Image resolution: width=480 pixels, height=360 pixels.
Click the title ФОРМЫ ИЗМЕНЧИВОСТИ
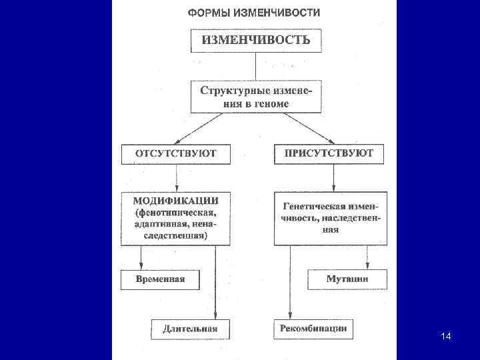tap(253, 13)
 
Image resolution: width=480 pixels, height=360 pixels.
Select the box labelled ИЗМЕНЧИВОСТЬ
tap(255, 40)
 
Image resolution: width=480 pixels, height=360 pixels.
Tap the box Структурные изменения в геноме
tap(255, 97)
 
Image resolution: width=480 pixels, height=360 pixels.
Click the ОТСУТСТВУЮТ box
tap(176, 154)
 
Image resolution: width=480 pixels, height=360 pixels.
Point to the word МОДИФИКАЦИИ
tap(176, 201)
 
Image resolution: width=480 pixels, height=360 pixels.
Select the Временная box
tap(160, 279)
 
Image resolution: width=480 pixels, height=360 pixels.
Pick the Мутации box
tap(347, 279)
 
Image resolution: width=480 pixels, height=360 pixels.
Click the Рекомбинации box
tap(313, 328)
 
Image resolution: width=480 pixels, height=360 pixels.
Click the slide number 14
tap(446, 336)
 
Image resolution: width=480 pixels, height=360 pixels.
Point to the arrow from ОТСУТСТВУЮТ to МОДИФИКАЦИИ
tap(176, 178)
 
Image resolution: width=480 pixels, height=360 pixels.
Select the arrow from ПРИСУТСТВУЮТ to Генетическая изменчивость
tap(333, 178)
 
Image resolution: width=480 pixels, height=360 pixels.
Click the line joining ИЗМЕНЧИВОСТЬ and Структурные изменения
tap(255, 66)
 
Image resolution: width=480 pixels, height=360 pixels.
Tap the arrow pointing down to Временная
tap(141, 257)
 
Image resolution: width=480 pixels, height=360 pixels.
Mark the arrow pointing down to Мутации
tap(366, 257)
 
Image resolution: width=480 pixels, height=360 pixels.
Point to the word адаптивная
tap(158, 224)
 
